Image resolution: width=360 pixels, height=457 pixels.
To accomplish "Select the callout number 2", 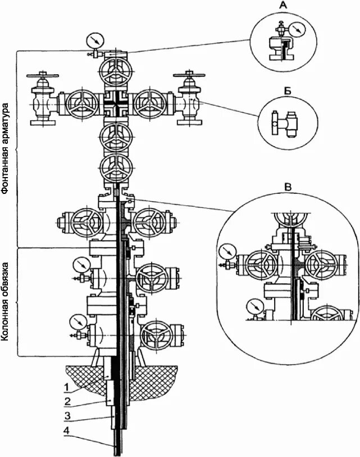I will tap(66, 401).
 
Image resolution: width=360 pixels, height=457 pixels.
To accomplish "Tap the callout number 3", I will tap(66, 416).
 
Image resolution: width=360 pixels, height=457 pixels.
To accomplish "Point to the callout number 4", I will tap(66, 431).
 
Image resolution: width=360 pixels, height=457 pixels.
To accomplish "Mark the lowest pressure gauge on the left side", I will tap(78, 323).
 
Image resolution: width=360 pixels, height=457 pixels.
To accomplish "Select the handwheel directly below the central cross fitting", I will tap(116, 137).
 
